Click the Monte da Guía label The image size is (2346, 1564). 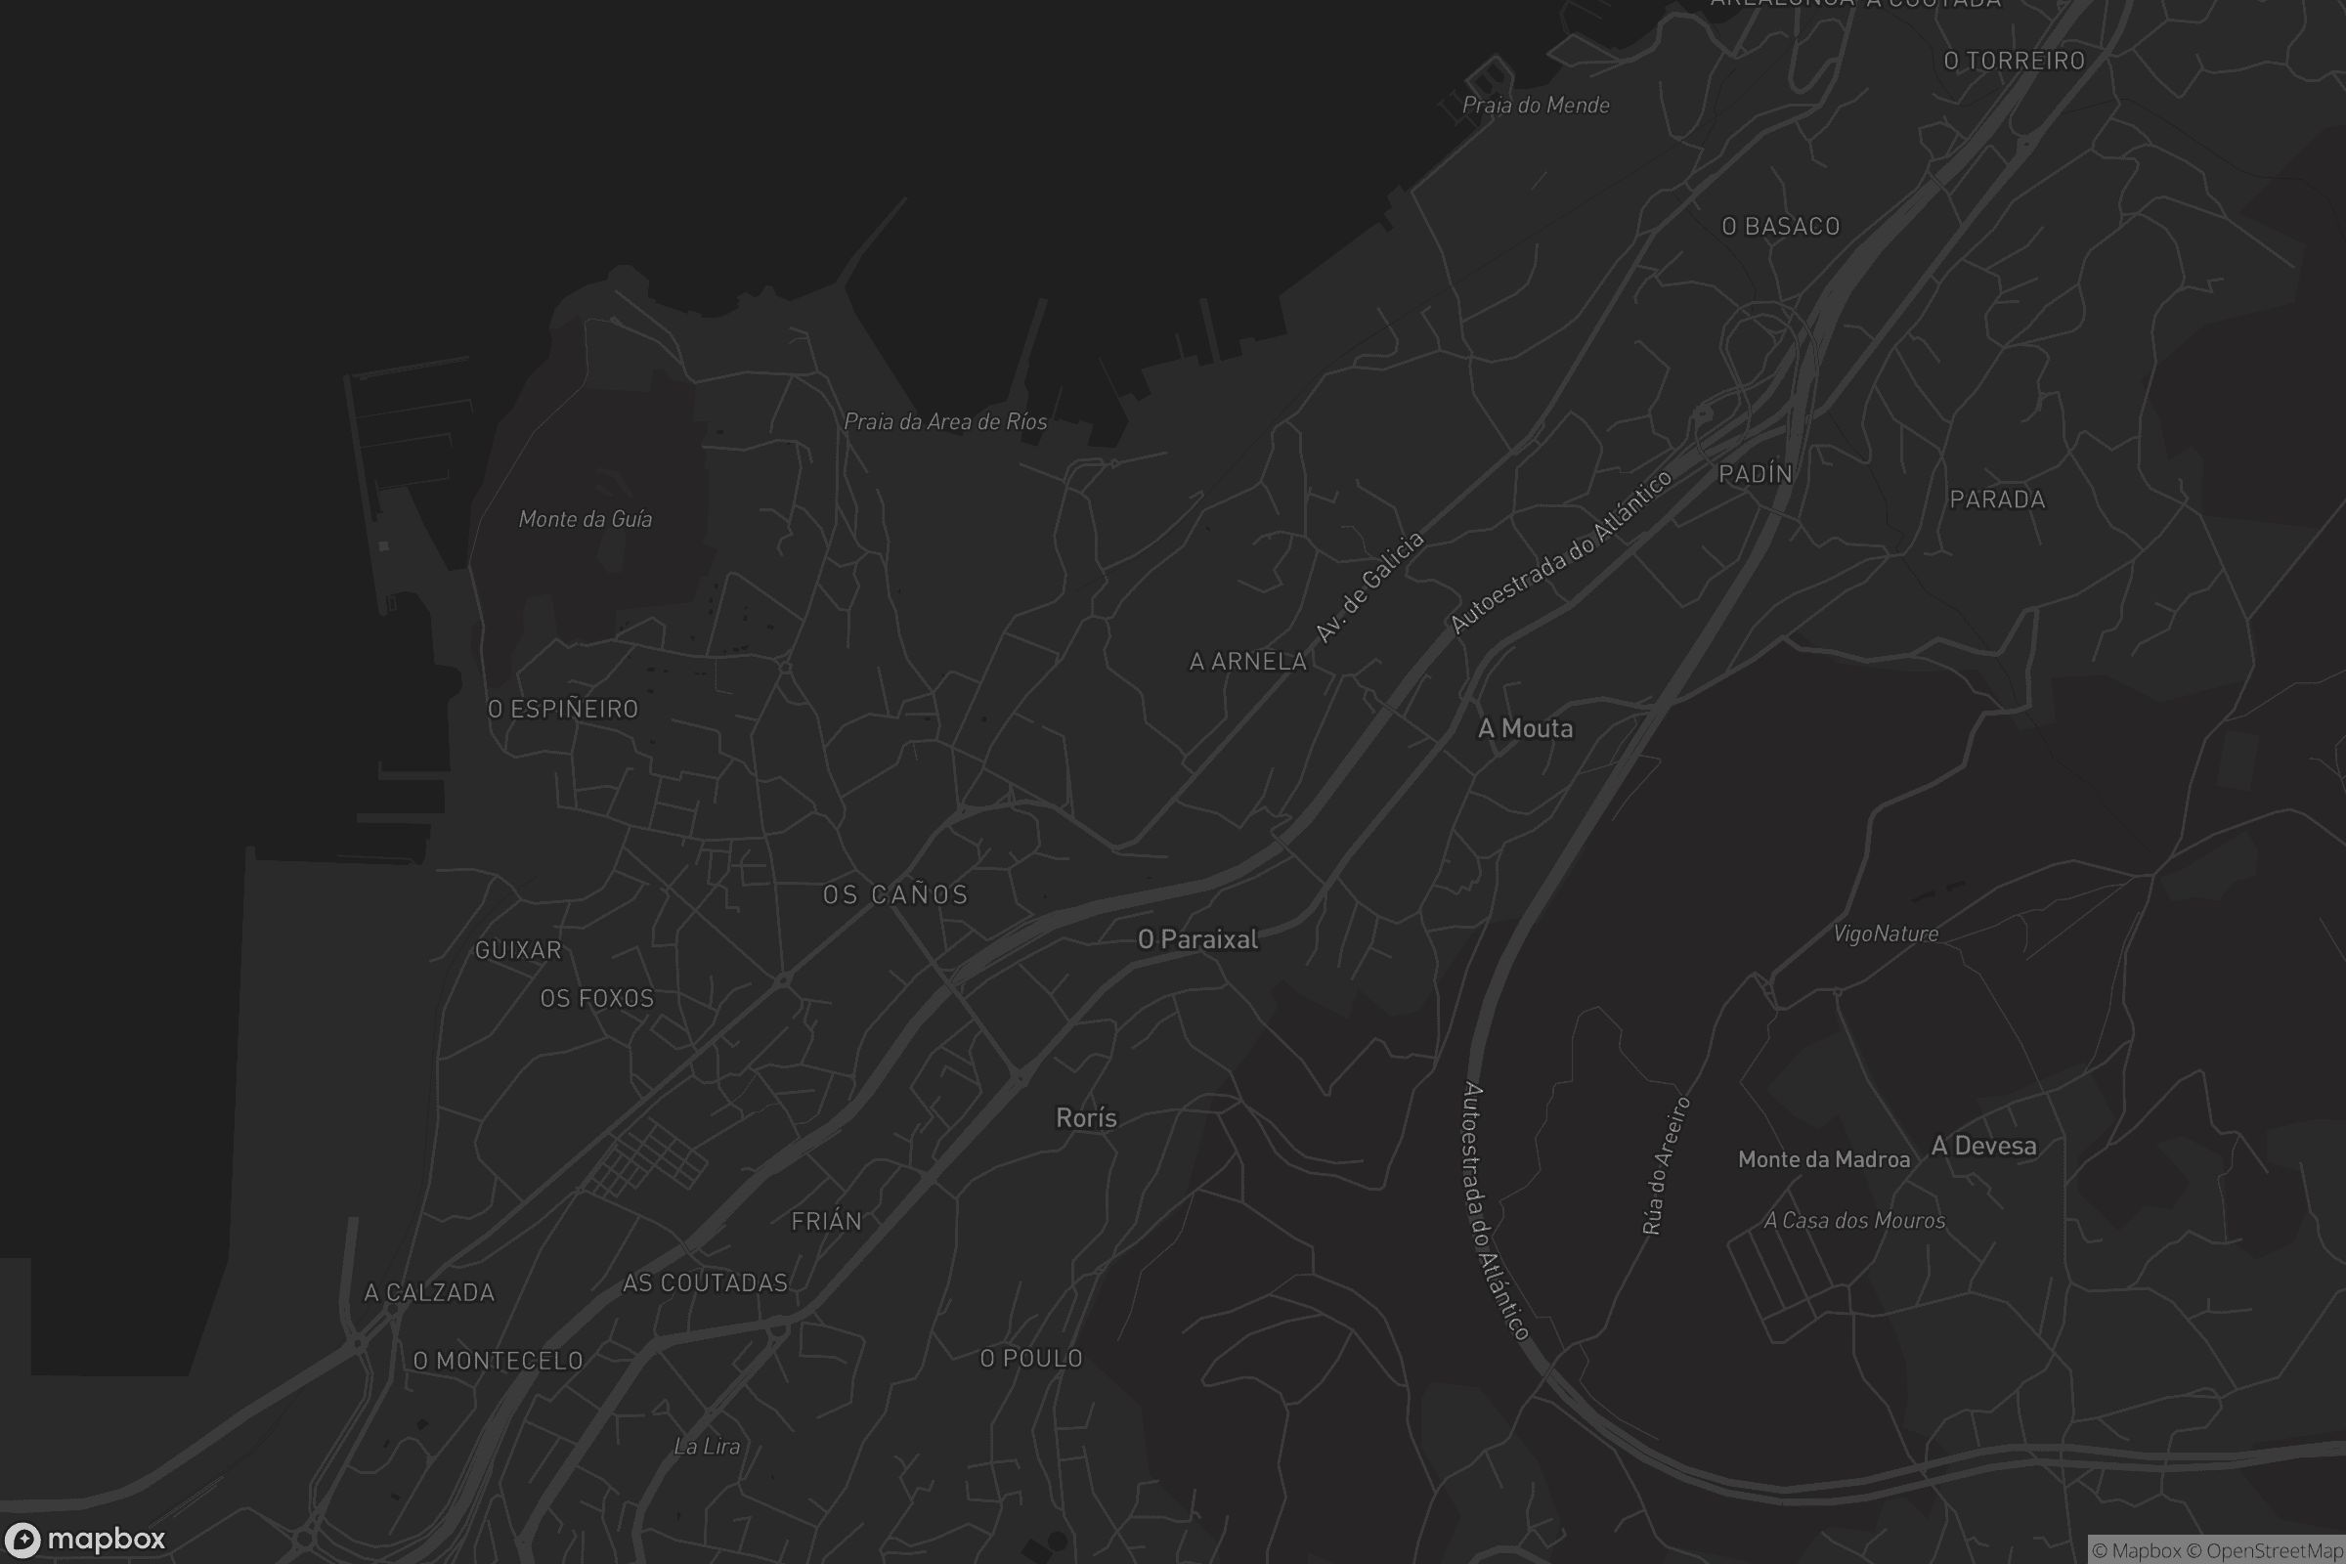[586, 519]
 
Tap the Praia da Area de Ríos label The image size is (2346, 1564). [944, 422]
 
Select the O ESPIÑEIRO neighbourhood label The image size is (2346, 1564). [563, 710]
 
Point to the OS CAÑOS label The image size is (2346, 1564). [894, 894]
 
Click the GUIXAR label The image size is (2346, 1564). [518, 949]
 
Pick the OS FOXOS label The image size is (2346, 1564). [596, 998]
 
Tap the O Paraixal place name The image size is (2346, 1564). [1198, 939]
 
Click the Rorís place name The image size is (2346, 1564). [1086, 1118]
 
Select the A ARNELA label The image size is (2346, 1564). [1248, 662]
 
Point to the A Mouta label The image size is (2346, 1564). [1525, 729]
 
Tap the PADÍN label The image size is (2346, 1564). [1756, 474]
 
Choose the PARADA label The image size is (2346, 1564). [1997, 500]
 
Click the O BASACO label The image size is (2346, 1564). [1780, 227]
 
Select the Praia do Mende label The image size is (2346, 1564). [1535, 105]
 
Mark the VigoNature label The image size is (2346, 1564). [1886, 934]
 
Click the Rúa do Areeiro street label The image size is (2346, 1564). [1666, 1166]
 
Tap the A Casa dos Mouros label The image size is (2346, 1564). [1854, 1221]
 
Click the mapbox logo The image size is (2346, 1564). [84, 1538]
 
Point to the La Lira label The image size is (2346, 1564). [707, 1447]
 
